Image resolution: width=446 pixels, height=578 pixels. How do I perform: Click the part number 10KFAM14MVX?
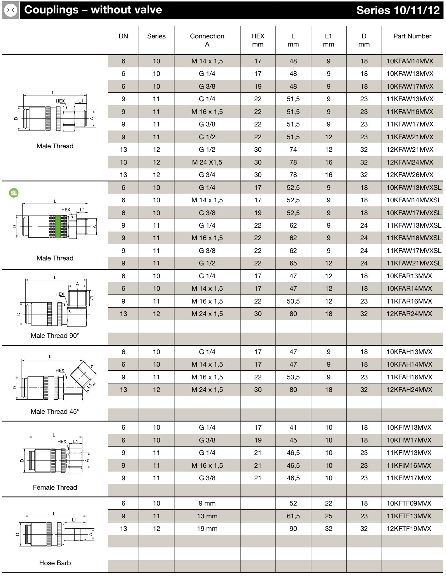[410, 61]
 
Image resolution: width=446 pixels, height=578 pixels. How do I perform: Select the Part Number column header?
[412, 36]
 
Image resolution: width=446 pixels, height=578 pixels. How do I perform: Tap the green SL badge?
[14, 193]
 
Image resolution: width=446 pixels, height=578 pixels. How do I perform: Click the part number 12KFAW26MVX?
[410, 175]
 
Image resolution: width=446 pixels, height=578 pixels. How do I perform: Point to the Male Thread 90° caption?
[55, 336]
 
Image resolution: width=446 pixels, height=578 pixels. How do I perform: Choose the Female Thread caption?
[55, 487]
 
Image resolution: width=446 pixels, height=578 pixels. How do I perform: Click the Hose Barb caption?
[55, 563]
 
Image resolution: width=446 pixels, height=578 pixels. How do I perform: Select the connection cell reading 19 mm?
[207, 529]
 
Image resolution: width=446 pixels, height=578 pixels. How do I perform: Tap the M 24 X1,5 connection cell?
[207, 162]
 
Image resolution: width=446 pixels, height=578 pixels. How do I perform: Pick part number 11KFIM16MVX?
[409, 466]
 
